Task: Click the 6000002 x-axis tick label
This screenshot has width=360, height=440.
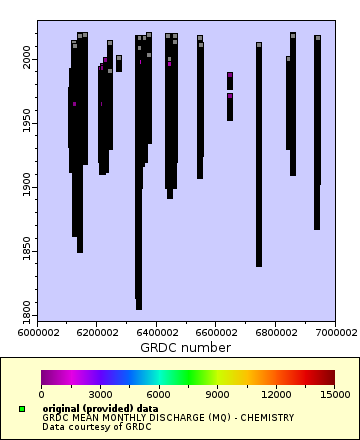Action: (37, 333)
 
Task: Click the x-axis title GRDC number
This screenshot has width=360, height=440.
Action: (185, 348)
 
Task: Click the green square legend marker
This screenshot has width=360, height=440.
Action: (22, 409)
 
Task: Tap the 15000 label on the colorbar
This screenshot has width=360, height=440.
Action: (321, 394)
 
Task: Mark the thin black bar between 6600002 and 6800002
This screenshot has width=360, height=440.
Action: (258, 155)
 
